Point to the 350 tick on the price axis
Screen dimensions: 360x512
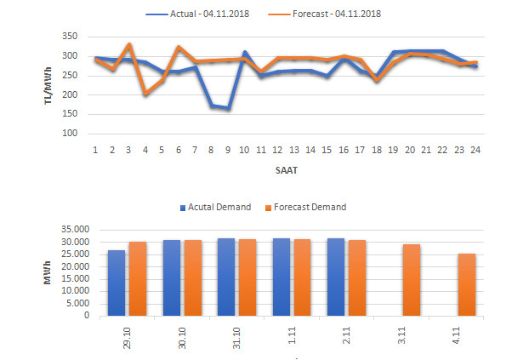(x=69, y=37)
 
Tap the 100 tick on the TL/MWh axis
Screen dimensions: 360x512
(x=69, y=134)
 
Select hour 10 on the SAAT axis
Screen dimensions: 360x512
(x=244, y=150)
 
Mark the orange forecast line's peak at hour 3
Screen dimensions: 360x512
(x=128, y=44)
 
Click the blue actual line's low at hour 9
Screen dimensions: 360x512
(x=228, y=109)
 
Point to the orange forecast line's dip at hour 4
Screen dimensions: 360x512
(x=145, y=94)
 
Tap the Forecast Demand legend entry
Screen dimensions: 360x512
(x=309, y=207)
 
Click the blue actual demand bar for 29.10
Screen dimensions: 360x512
(x=117, y=283)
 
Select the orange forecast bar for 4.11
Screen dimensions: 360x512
(x=467, y=284)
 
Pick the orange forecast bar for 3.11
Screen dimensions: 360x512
(x=412, y=280)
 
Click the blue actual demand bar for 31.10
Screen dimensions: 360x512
(x=226, y=277)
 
